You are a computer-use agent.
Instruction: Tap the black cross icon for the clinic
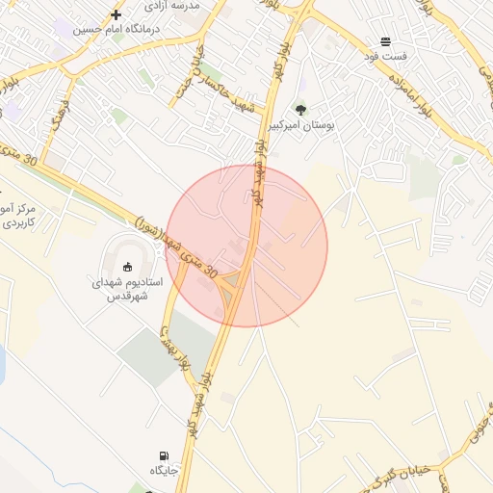click(x=116, y=14)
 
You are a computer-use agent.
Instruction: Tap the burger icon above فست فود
click(x=385, y=41)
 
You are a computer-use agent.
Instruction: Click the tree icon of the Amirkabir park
click(x=299, y=110)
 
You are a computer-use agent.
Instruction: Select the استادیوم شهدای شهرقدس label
click(x=128, y=290)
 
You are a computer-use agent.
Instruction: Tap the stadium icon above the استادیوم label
click(x=128, y=267)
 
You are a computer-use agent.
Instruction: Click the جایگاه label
click(x=165, y=470)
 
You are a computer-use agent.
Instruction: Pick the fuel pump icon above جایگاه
click(x=164, y=455)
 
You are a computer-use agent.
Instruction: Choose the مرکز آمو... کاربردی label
click(x=18, y=216)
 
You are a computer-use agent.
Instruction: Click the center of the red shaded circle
click(x=246, y=246)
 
